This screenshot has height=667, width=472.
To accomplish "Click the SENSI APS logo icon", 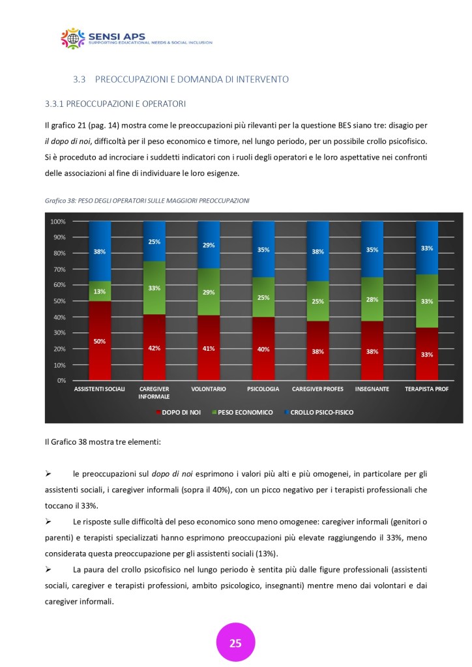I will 73,38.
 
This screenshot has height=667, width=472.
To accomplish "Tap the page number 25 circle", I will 235,643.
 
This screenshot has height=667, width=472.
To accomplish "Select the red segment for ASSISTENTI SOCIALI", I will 100,340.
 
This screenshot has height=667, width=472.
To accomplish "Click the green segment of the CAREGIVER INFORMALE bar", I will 154,288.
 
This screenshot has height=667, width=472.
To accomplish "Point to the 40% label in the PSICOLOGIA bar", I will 263,349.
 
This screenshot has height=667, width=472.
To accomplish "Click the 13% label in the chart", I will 100,292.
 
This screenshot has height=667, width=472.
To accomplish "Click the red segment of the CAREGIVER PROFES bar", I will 317,350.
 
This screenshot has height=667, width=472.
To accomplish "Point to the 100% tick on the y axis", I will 58,222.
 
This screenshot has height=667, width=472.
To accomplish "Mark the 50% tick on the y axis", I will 60,301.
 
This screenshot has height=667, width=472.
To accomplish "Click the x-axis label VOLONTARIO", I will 208,389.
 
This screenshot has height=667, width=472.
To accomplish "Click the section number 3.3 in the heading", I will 80,80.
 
